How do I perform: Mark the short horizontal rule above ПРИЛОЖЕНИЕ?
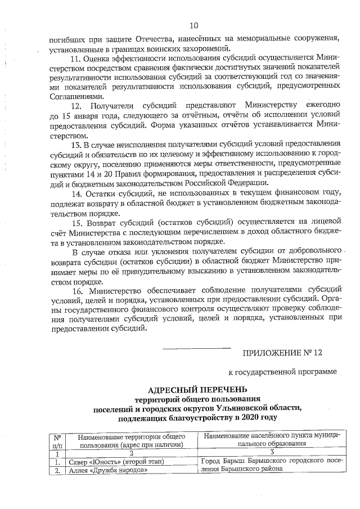[x=196, y=348]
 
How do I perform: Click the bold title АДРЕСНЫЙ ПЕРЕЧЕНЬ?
[x=197, y=390]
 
